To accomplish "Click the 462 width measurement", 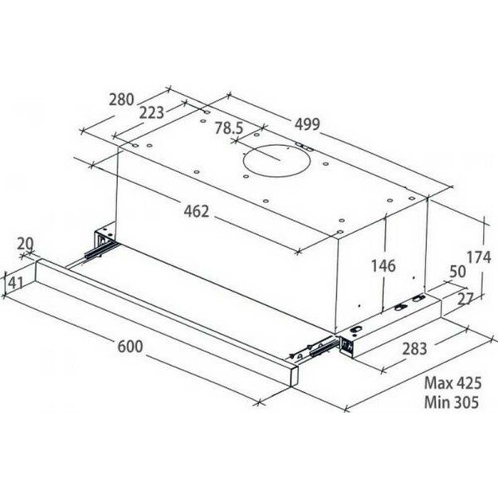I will pos(195,211).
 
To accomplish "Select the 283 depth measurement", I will pos(414,348).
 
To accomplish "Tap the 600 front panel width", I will pos(130,347).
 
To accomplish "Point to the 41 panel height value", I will pos(15,281).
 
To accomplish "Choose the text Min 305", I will pos(452,403).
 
